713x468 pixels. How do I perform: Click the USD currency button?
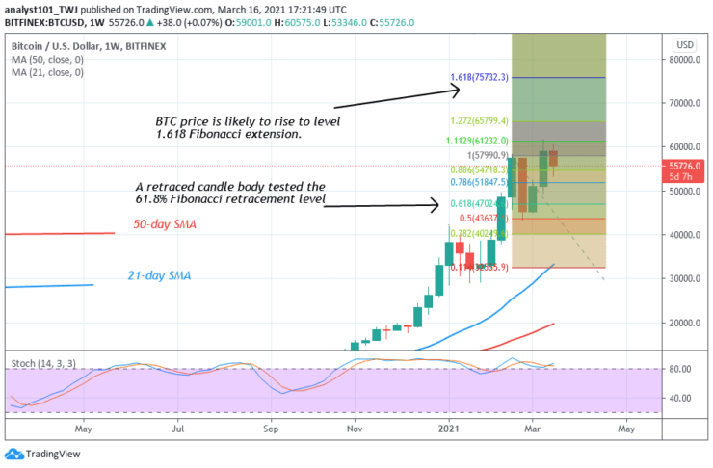point(686,45)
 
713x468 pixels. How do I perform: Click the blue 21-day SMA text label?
point(159,276)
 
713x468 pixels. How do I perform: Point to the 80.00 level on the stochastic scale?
point(682,368)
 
